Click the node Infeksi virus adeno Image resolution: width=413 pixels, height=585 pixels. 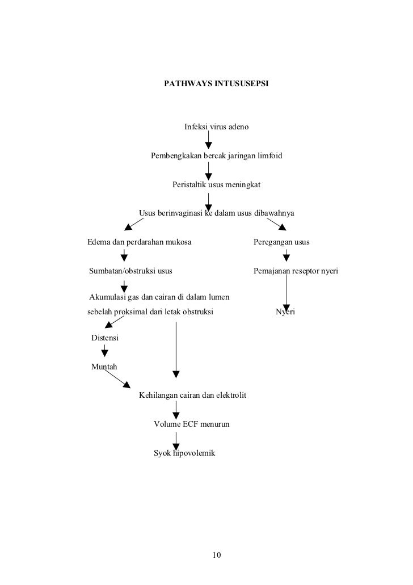click(216, 126)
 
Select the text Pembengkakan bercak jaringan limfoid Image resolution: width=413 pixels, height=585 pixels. click(217, 155)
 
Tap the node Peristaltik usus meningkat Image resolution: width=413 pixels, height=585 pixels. click(216, 184)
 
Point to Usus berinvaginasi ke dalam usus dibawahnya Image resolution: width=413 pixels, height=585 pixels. click(217, 213)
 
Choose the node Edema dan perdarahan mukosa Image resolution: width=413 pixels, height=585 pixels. click(139, 242)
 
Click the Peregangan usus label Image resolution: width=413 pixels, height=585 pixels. click(281, 242)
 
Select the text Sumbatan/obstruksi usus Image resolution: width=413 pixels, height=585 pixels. click(131, 271)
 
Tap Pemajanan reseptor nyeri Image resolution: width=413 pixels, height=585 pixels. click(295, 271)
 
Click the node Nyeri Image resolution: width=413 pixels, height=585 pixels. click(286, 312)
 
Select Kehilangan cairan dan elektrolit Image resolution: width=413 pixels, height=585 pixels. click(192, 395)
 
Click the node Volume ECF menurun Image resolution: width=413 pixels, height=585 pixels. click(192, 424)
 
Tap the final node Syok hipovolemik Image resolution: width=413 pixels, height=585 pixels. click(184, 453)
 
